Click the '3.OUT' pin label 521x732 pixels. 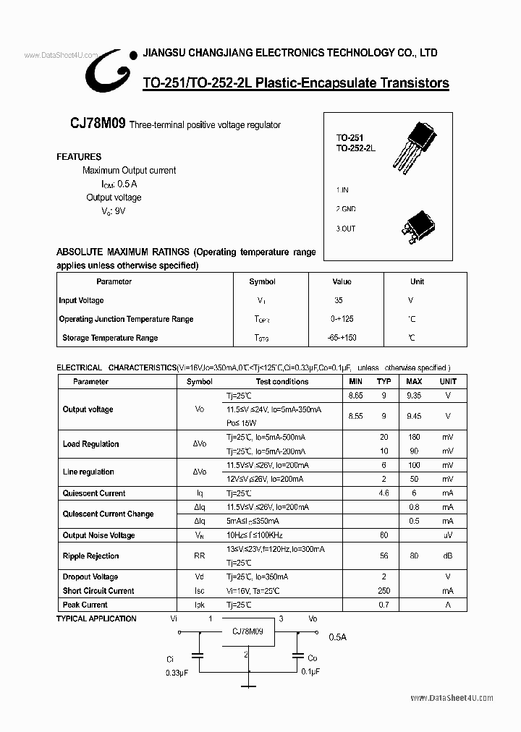[x=346, y=229]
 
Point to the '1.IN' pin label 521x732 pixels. [x=342, y=190]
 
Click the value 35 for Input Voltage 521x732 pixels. [x=339, y=300]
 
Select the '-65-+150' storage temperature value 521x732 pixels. [x=342, y=338]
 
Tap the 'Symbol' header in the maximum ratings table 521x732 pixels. [x=262, y=281]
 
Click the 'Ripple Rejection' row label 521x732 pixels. [x=90, y=556]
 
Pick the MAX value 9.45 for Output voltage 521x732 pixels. [x=414, y=416]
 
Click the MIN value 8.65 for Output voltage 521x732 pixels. [x=355, y=396]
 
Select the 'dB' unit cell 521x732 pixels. [x=448, y=556]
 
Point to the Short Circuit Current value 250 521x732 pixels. [x=384, y=591]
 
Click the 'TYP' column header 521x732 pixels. [x=384, y=381]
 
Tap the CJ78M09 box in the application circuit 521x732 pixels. [x=247, y=631]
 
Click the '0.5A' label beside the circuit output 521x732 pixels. [x=338, y=637]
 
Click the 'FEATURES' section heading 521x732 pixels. [x=79, y=156]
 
